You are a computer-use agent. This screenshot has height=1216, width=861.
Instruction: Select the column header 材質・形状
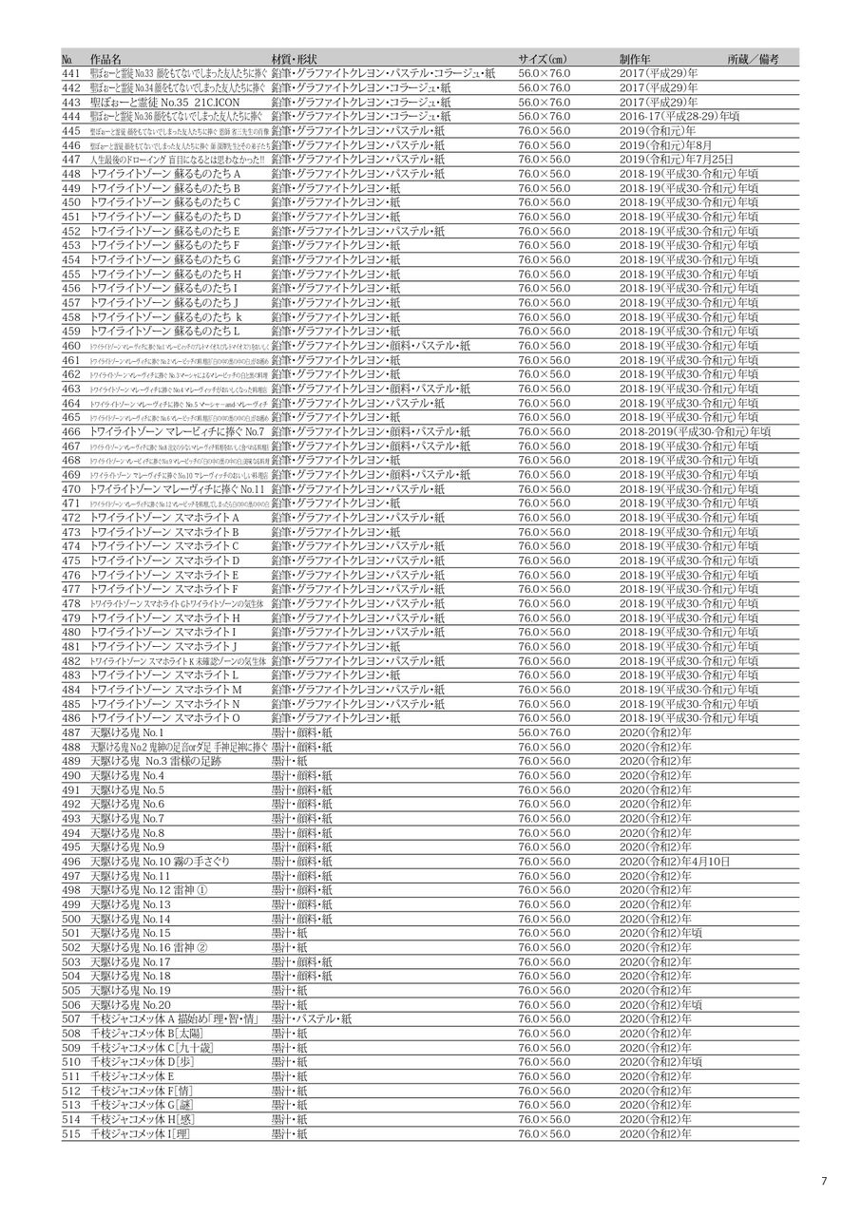(x=294, y=59)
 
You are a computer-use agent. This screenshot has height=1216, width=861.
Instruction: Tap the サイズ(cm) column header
(x=544, y=59)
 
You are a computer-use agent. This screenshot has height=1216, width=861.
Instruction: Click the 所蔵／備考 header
(x=753, y=59)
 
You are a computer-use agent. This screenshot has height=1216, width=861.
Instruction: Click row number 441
(x=70, y=73)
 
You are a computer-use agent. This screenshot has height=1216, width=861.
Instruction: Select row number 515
(x=70, y=1133)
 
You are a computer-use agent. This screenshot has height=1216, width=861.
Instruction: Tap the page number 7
(x=824, y=1181)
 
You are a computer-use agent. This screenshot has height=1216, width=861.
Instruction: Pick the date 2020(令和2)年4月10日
(x=675, y=861)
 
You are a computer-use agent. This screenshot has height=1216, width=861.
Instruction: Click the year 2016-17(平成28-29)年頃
(x=681, y=116)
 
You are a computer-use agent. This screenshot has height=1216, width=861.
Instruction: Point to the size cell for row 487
(x=545, y=732)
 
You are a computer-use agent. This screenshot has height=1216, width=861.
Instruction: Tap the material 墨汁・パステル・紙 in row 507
(x=312, y=1018)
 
